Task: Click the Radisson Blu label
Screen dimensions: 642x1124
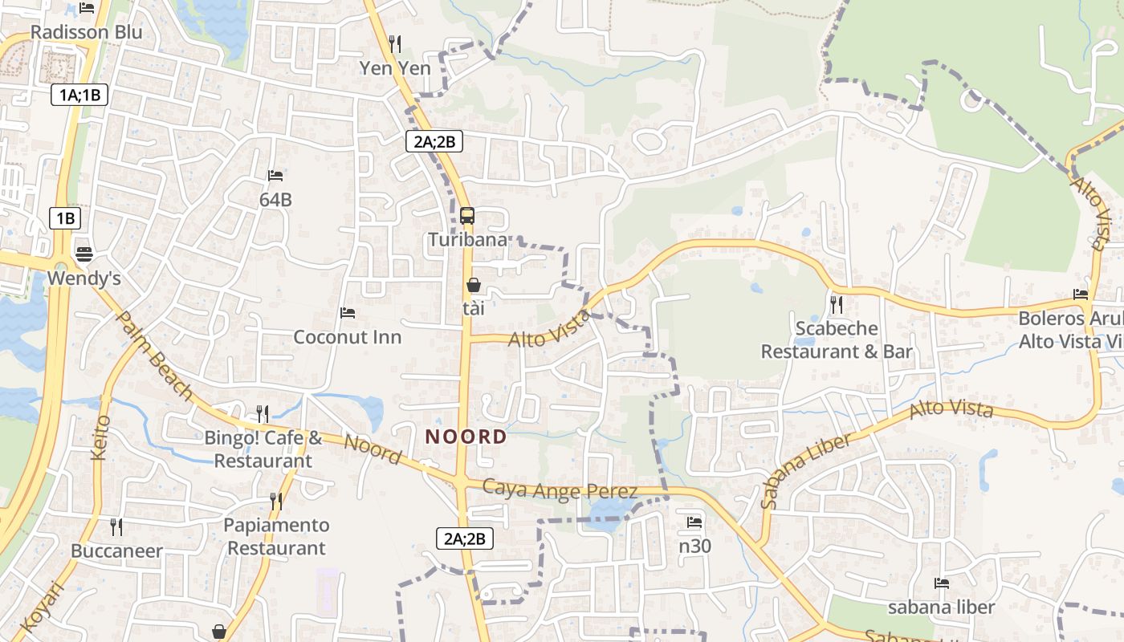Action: coord(86,32)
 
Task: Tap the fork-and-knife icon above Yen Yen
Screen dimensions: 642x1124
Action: coord(394,43)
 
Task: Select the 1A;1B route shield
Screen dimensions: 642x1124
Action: coord(79,95)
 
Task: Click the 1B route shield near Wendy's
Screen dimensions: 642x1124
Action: coord(65,217)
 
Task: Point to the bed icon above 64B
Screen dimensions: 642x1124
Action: coord(275,175)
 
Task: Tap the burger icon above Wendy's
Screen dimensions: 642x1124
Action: coord(84,254)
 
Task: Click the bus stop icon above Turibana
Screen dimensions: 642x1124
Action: coord(467,215)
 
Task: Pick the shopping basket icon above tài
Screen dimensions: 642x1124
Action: coord(474,285)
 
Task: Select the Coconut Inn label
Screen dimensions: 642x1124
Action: coord(347,336)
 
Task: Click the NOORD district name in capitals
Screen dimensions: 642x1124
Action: coord(466,437)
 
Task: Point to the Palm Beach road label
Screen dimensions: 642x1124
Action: coord(155,356)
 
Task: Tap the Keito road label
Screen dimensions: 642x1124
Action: coord(100,437)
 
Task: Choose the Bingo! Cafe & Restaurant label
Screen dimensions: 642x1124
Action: coord(263,449)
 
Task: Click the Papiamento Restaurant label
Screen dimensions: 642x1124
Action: coord(276,537)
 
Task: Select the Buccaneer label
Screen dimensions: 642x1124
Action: coord(116,551)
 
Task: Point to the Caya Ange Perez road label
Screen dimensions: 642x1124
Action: coord(560,490)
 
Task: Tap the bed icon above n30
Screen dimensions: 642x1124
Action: coord(694,522)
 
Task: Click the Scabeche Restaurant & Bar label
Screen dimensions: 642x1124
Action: coord(837,339)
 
